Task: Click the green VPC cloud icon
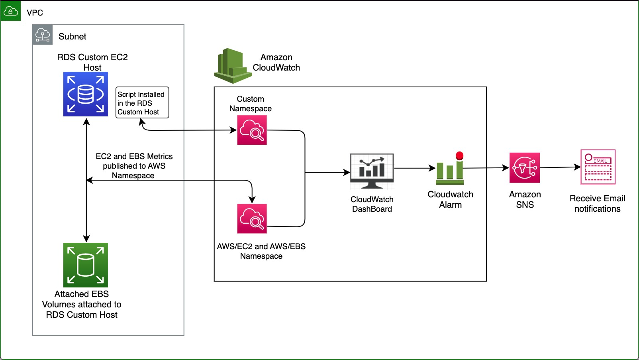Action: [10, 11]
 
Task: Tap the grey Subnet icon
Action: [43, 35]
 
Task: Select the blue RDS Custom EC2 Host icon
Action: [86, 94]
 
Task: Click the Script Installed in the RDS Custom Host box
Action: [142, 103]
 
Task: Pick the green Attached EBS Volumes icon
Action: [86, 265]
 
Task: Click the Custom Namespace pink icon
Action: [252, 130]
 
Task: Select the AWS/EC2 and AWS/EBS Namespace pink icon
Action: [252, 218]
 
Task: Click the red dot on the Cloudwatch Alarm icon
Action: [459, 155]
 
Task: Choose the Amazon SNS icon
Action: [525, 168]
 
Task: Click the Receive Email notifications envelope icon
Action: [598, 167]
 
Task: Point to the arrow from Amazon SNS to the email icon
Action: [560, 167]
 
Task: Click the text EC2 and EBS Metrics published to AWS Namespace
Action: [134, 166]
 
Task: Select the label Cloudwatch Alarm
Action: [451, 199]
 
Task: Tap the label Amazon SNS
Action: [525, 199]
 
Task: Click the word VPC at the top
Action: [35, 13]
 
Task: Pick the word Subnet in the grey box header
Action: [72, 37]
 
